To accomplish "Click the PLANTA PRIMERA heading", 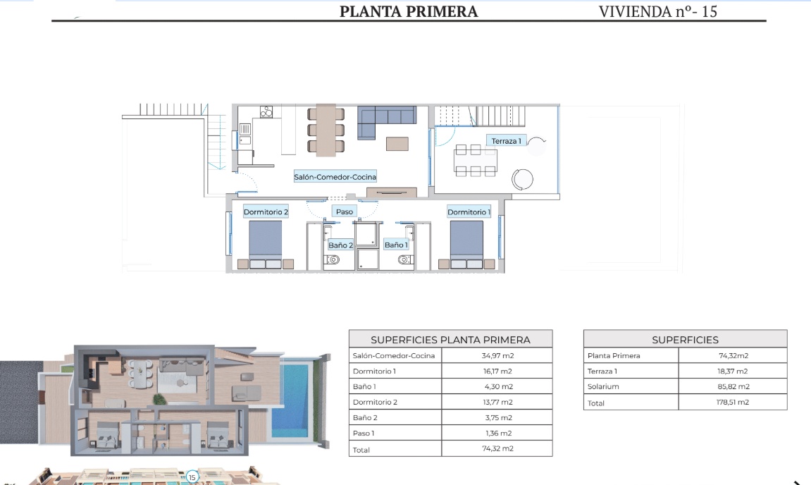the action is tap(409, 11).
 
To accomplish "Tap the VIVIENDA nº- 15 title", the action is tap(658, 11).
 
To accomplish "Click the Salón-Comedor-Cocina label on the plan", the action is tap(335, 176).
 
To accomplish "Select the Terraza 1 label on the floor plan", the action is tap(506, 141).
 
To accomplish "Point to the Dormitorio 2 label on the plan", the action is tap(266, 211).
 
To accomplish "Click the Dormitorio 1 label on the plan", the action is tap(469, 211).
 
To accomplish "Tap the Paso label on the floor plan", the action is tap(345, 211).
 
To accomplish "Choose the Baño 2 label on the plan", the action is tap(340, 245).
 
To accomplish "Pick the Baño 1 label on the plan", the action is tap(396, 245).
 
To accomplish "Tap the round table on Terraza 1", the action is tap(522, 180).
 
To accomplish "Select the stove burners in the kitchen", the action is tap(266, 112).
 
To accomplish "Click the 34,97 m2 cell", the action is tap(497, 355).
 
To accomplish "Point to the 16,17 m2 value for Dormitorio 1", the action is tap(497, 371).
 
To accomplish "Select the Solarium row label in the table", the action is tap(603, 386).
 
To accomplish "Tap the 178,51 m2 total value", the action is tap(732, 403).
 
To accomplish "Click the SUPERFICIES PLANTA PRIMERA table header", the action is tap(450, 340).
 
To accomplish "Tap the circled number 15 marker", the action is tap(192, 477).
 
